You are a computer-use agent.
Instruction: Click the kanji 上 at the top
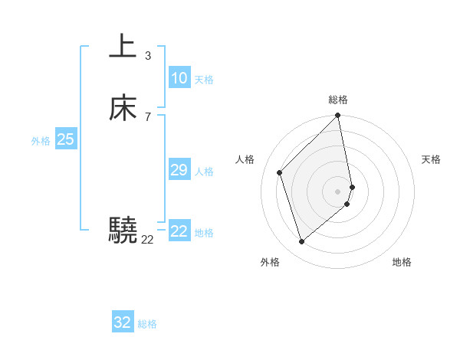point(123,47)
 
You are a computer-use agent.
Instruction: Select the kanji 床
point(123,108)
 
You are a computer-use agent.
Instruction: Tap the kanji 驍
point(123,230)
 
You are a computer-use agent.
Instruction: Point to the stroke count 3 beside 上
point(147,56)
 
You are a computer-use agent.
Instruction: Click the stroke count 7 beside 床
point(147,117)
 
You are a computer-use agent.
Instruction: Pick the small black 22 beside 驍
point(147,240)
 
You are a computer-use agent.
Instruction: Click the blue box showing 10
point(179,78)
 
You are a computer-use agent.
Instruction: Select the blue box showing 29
point(179,170)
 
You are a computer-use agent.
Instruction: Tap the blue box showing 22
point(179,231)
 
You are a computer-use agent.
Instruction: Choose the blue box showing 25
point(65,139)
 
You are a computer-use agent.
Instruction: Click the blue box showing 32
point(123,322)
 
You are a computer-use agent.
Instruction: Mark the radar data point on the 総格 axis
point(338,116)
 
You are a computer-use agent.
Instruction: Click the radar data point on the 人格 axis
point(280,172)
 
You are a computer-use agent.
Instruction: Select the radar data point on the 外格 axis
point(301,242)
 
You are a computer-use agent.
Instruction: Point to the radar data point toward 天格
point(352,186)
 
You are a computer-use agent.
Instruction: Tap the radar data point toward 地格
point(347,204)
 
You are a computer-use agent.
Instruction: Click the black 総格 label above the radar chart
point(338,100)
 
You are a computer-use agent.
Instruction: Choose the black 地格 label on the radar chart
point(402,263)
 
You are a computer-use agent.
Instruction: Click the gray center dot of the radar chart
point(338,191)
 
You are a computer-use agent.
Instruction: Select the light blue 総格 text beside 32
point(147,324)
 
